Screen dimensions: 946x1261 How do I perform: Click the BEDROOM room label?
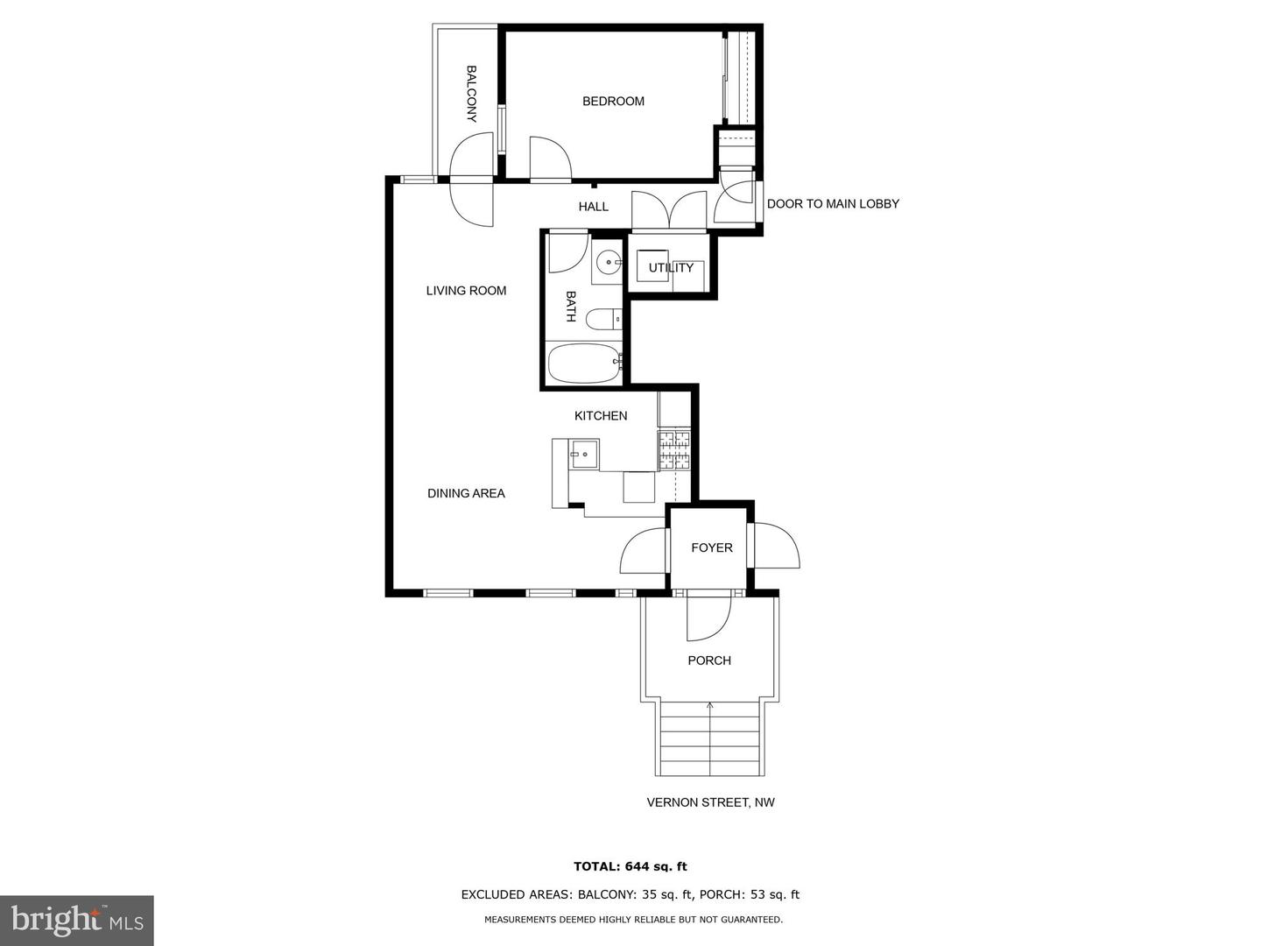tap(613, 102)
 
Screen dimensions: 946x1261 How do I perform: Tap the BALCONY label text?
tap(471, 94)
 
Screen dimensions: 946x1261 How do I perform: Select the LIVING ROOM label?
tap(466, 291)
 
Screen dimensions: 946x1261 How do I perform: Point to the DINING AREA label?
tap(466, 493)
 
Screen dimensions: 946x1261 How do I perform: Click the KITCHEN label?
tap(601, 416)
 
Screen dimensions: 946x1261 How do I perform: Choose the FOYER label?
tap(711, 547)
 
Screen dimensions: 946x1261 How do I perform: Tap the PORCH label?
tap(708, 660)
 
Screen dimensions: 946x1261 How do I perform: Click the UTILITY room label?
tap(671, 268)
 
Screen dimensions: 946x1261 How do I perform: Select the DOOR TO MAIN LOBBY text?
tap(833, 204)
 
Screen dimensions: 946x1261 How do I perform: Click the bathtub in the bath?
tap(583, 363)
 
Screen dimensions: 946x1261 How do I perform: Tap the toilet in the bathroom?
tap(602, 319)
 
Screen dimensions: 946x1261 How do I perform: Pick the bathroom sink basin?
tap(608, 262)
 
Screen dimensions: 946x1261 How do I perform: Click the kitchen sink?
tap(583, 455)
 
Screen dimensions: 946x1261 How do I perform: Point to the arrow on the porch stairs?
tap(709, 704)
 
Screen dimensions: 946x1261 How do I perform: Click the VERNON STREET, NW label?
tap(710, 802)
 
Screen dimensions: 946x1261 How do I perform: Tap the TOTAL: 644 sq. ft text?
tap(630, 867)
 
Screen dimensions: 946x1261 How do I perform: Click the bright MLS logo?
tap(77, 921)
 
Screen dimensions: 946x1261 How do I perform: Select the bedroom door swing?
tap(549, 158)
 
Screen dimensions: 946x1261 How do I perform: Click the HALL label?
tap(593, 207)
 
